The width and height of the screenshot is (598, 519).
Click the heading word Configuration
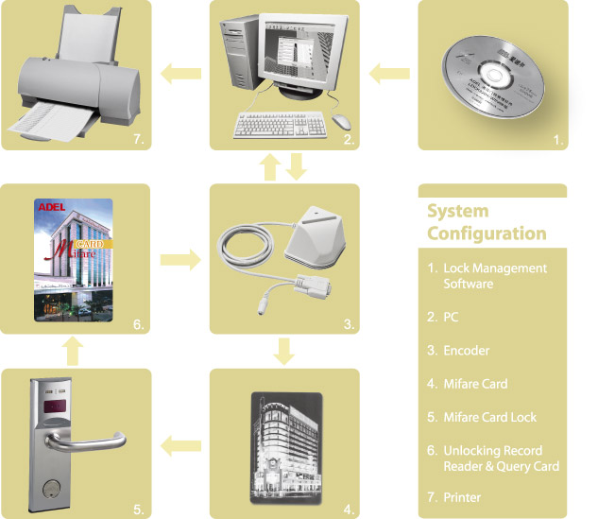[x=487, y=233]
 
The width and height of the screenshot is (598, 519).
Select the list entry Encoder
[x=467, y=351]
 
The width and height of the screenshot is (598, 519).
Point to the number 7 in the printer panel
[x=138, y=140]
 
